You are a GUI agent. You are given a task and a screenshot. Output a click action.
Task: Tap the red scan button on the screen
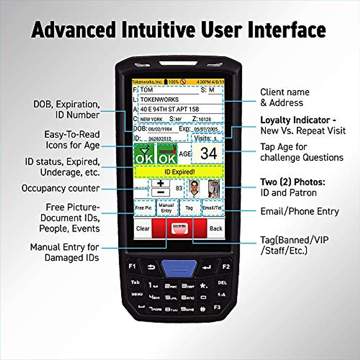pyautogui.click(x=179, y=228)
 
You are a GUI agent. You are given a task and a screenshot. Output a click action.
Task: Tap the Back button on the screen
pyautogui.click(x=216, y=228)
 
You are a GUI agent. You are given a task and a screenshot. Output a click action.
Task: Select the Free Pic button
pyautogui.click(x=143, y=208)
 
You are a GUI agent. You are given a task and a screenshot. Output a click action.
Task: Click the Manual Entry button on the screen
pyautogui.click(x=166, y=208)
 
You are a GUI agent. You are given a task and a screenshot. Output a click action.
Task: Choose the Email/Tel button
pyautogui.click(x=212, y=208)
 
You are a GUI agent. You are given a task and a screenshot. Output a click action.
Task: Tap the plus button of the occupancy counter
pyautogui.click(x=161, y=183)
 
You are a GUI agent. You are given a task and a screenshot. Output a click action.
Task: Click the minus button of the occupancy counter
pyautogui.click(x=161, y=192)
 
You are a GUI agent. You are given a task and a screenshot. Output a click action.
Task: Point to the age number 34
pyautogui.click(x=208, y=154)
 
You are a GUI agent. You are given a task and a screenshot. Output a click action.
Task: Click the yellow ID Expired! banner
pyautogui.click(x=179, y=172)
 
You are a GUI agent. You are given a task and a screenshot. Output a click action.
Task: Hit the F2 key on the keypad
pyautogui.click(x=226, y=266)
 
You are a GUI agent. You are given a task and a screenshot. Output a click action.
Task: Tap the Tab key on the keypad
pyautogui.click(x=135, y=282)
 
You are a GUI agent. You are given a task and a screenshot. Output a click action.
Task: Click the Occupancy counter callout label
pyautogui.click(x=61, y=188)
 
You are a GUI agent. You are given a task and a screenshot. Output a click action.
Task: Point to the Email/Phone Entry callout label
pyautogui.click(x=299, y=211)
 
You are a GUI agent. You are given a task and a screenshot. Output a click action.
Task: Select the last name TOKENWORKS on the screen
pyautogui.click(x=159, y=99)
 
